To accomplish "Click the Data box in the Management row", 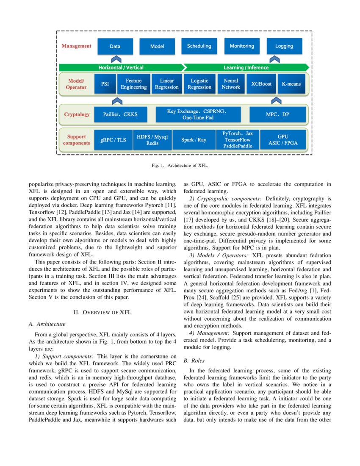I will point(115,47).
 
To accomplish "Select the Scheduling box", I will point(199,46).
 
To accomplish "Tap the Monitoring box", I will point(242,46).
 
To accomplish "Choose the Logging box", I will point(284,47).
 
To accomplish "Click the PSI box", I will point(105,84).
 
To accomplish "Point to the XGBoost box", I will point(261,84).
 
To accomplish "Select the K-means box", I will point(291,84).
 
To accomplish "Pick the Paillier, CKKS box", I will point(121,114).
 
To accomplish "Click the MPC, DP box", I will point(277,114).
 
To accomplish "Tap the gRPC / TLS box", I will point(113,140).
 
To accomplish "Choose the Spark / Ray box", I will point(194,140).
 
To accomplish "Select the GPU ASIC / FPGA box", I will point(283,140).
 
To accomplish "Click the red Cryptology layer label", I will point(77,114).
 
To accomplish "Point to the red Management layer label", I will point(77,46).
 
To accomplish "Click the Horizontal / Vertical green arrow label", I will point(121,67).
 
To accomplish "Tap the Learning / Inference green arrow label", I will point(246,67).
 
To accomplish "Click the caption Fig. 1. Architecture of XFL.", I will point(180,166).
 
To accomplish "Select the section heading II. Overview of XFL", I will point(103,312).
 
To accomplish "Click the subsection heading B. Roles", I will point(194,361).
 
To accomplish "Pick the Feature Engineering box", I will point(134,84).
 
